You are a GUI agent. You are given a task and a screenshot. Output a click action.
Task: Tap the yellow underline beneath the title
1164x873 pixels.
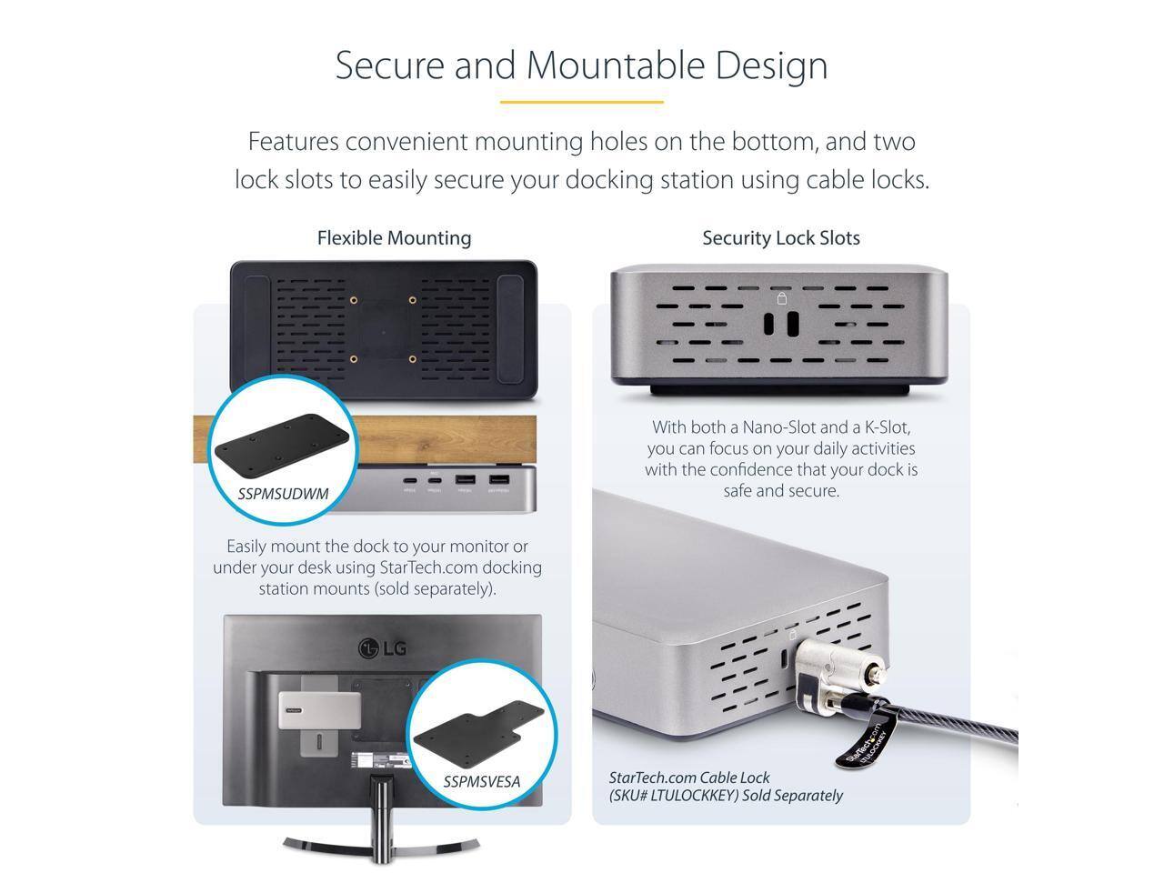[581, 102]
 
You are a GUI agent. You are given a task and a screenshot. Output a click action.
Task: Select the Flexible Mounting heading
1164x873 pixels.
[394, 238]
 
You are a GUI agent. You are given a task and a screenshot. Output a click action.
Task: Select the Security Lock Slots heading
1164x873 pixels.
[780, 238]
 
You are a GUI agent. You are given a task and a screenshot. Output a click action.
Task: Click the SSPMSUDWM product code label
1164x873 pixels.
[283, 494]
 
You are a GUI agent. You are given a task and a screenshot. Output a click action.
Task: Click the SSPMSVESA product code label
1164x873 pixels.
[481, 781]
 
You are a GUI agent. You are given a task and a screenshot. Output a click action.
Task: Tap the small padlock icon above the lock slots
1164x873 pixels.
[780, 298]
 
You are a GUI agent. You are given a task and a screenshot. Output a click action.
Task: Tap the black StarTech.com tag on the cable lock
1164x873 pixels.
[860, 741]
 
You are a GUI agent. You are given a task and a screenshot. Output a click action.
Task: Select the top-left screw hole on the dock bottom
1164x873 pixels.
[354, 300]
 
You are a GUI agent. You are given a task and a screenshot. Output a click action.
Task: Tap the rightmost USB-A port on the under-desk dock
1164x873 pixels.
[498, 480]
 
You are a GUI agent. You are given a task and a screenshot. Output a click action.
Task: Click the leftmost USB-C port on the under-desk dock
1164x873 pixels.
[409, 480]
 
